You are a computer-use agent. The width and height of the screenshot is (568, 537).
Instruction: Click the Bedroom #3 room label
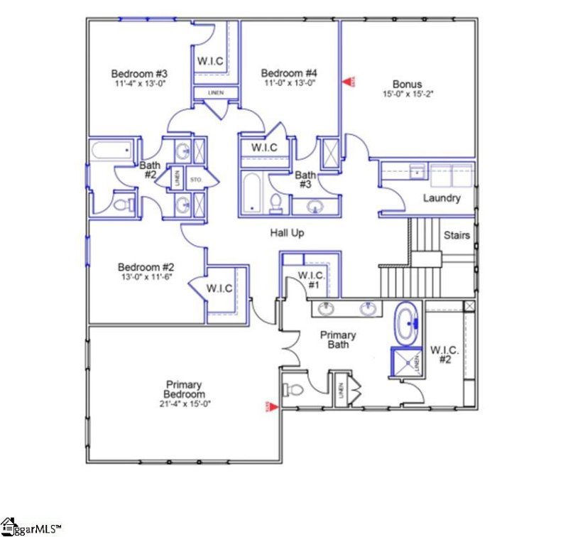tap(139, 73)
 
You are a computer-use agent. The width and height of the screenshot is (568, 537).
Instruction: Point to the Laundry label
tap(442, 198)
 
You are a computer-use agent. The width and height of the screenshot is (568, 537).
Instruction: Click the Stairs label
tap(457, 235)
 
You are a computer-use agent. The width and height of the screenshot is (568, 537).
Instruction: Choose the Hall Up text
tap(287, 233)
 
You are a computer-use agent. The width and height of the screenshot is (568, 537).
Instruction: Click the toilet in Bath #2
tap(122, 205)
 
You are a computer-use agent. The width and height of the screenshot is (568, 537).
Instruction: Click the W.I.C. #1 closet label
tap(311, 279)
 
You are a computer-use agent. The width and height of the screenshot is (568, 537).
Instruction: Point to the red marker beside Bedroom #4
tap(348, 82)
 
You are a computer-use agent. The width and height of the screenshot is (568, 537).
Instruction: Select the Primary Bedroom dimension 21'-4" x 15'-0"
tap(185, 403)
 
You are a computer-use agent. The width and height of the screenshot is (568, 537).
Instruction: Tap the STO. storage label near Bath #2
tap(196, 180)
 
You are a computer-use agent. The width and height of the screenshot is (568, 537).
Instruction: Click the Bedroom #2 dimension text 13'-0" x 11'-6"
tap(147, 277)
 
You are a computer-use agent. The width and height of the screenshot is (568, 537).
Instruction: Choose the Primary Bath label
tap(338, 340)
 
